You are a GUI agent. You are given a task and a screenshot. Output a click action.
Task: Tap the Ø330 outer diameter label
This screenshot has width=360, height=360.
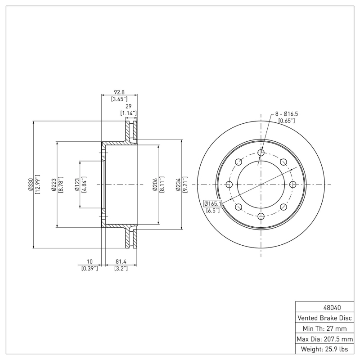30,184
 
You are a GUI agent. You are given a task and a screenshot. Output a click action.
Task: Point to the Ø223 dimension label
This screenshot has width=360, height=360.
54,184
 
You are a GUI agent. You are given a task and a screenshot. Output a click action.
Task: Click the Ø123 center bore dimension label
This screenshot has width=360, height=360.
77,184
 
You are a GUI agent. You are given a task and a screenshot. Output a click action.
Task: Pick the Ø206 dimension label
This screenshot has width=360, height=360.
155,184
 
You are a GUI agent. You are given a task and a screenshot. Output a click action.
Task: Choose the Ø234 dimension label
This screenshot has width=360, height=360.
178,184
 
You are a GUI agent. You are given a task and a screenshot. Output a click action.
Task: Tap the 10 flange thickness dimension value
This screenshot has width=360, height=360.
90,261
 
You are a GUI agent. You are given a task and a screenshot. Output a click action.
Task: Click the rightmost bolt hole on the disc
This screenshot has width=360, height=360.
293,184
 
